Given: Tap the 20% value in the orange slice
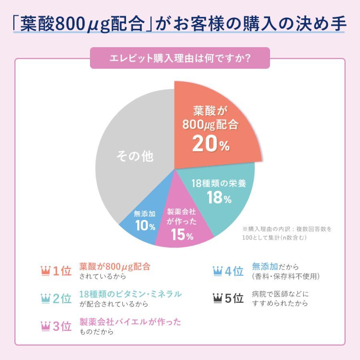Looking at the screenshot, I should (x=211, y=144).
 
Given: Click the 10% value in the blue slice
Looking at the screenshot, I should (x=145, y=226).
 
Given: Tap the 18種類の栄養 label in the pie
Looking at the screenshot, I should (x=218, y=184).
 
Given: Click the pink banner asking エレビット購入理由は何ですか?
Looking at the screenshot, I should (x=180, y=58).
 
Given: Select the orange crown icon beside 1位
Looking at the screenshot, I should (x=46, y=271).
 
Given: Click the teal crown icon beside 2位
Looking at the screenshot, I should (x=46, y=298).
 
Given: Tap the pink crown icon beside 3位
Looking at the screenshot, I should (x=46, y=326).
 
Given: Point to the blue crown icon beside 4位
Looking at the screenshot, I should (x=218, y=271).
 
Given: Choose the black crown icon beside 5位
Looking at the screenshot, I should (x=218, y=298).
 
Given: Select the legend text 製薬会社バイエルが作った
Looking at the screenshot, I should (x=130, y=322).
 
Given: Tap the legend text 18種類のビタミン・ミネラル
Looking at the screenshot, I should (x=130, y=294).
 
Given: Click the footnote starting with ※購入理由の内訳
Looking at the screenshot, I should (x=287, y=233).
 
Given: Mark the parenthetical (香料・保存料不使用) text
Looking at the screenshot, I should (x=286, y=276).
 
